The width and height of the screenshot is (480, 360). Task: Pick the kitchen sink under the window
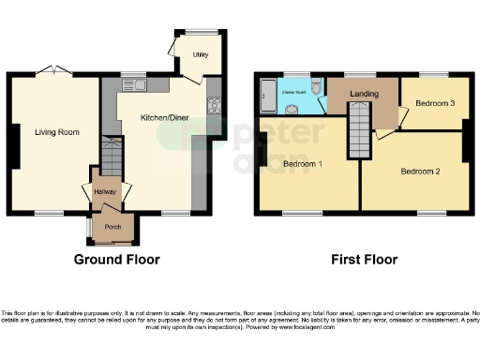coord(139,85)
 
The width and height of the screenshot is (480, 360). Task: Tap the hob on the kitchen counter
coord(214,104)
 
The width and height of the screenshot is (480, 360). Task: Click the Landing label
coord(364,95)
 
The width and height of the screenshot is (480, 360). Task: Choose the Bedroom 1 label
coord(302,165)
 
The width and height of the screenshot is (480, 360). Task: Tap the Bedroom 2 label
coord(420,171)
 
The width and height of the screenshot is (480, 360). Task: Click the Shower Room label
coord(294,93)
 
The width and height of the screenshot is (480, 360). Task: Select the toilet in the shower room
coord(317,87)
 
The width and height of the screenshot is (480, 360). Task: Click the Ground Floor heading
coord(117,260)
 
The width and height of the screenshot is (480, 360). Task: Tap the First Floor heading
coord(363,260)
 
